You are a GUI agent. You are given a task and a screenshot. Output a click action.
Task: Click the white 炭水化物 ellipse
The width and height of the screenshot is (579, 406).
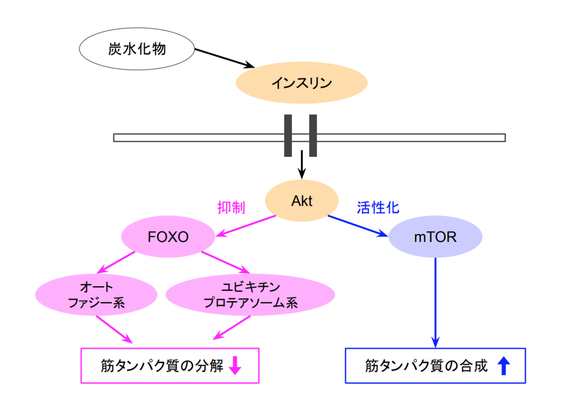(137, 49)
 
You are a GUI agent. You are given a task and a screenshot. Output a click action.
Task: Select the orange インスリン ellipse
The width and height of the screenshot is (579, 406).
(302, 83)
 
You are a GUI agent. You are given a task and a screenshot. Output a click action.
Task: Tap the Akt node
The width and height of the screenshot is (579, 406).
(302, 201)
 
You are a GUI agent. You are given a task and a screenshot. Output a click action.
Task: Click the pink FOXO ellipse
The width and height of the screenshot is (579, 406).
(168, 238)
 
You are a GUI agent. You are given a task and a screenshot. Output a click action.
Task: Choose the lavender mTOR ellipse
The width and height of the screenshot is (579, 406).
(435, 238)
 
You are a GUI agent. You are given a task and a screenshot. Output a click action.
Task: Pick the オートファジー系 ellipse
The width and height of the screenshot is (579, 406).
(96, 295)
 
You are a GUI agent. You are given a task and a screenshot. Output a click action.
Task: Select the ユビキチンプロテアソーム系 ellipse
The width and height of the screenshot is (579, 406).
(250, 295)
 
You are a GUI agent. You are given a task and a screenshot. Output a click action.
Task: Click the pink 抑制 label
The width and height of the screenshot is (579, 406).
(232, 208)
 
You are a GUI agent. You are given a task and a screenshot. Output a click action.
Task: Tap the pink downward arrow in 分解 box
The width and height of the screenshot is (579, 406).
(235, 365)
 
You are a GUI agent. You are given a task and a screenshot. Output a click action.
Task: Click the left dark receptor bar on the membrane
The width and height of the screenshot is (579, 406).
(288, 136)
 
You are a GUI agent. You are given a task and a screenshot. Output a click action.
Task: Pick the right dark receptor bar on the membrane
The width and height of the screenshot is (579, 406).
(313, 136)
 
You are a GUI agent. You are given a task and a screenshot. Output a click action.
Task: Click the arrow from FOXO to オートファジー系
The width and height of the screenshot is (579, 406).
(116, 263)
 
